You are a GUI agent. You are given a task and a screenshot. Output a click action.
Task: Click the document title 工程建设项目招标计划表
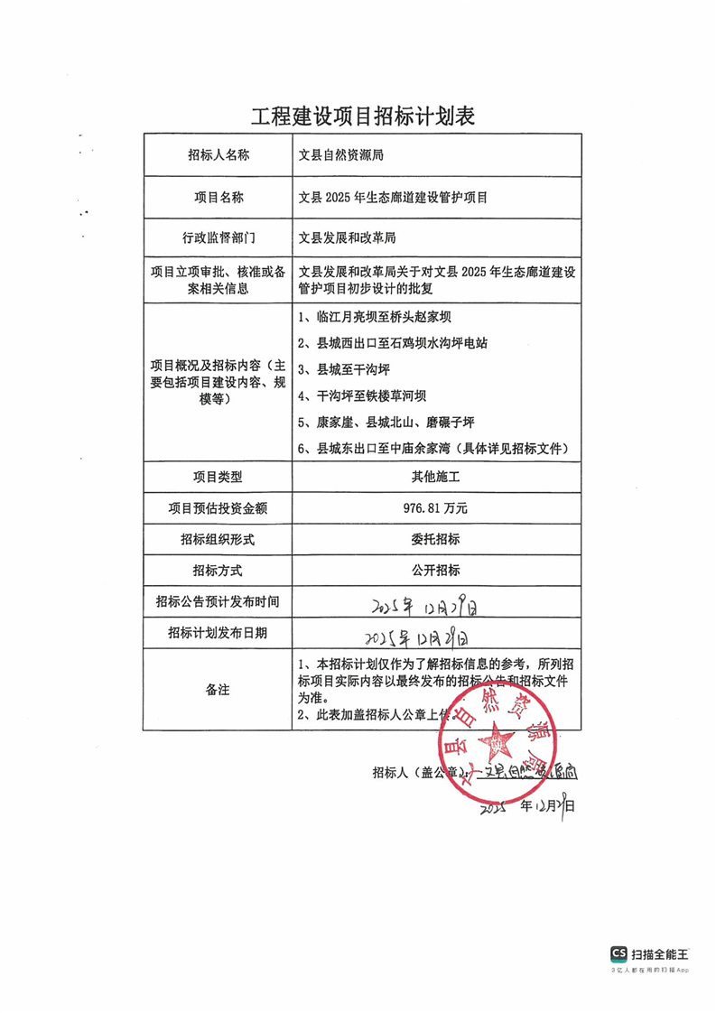point(361,116)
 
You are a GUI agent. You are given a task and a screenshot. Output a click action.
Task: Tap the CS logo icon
point(619,953)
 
